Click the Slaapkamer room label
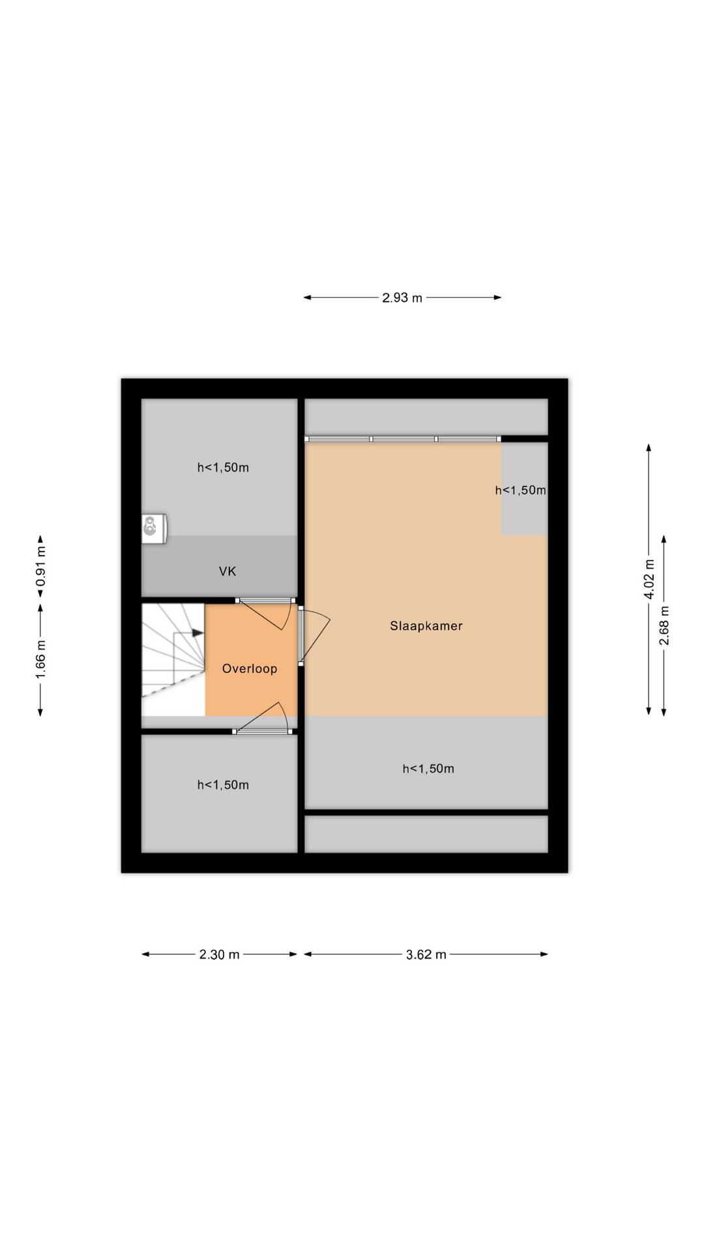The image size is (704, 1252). click(x=426, y=626)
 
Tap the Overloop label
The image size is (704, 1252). click(x=250, y=669)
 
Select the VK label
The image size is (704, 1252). click(x=227, y=572)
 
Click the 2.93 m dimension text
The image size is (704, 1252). click(x=402, y=298)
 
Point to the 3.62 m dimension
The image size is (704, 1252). click(x=426, y=955)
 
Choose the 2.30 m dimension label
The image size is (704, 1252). click(x=220, y=955)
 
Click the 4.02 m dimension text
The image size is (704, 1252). click(x=649, y=579)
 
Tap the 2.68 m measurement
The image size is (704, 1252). click(x=664, y=626)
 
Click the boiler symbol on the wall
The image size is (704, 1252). click(x=154, y=528)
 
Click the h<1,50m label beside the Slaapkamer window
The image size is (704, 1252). click(x=520, y=490)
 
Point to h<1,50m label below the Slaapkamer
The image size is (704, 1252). click(x=428, y=769)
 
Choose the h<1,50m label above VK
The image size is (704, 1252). click(x=223, y=468)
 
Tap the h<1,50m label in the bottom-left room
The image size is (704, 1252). click(x=223, y=785)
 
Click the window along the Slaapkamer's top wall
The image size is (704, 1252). click(x=403, y=439)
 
